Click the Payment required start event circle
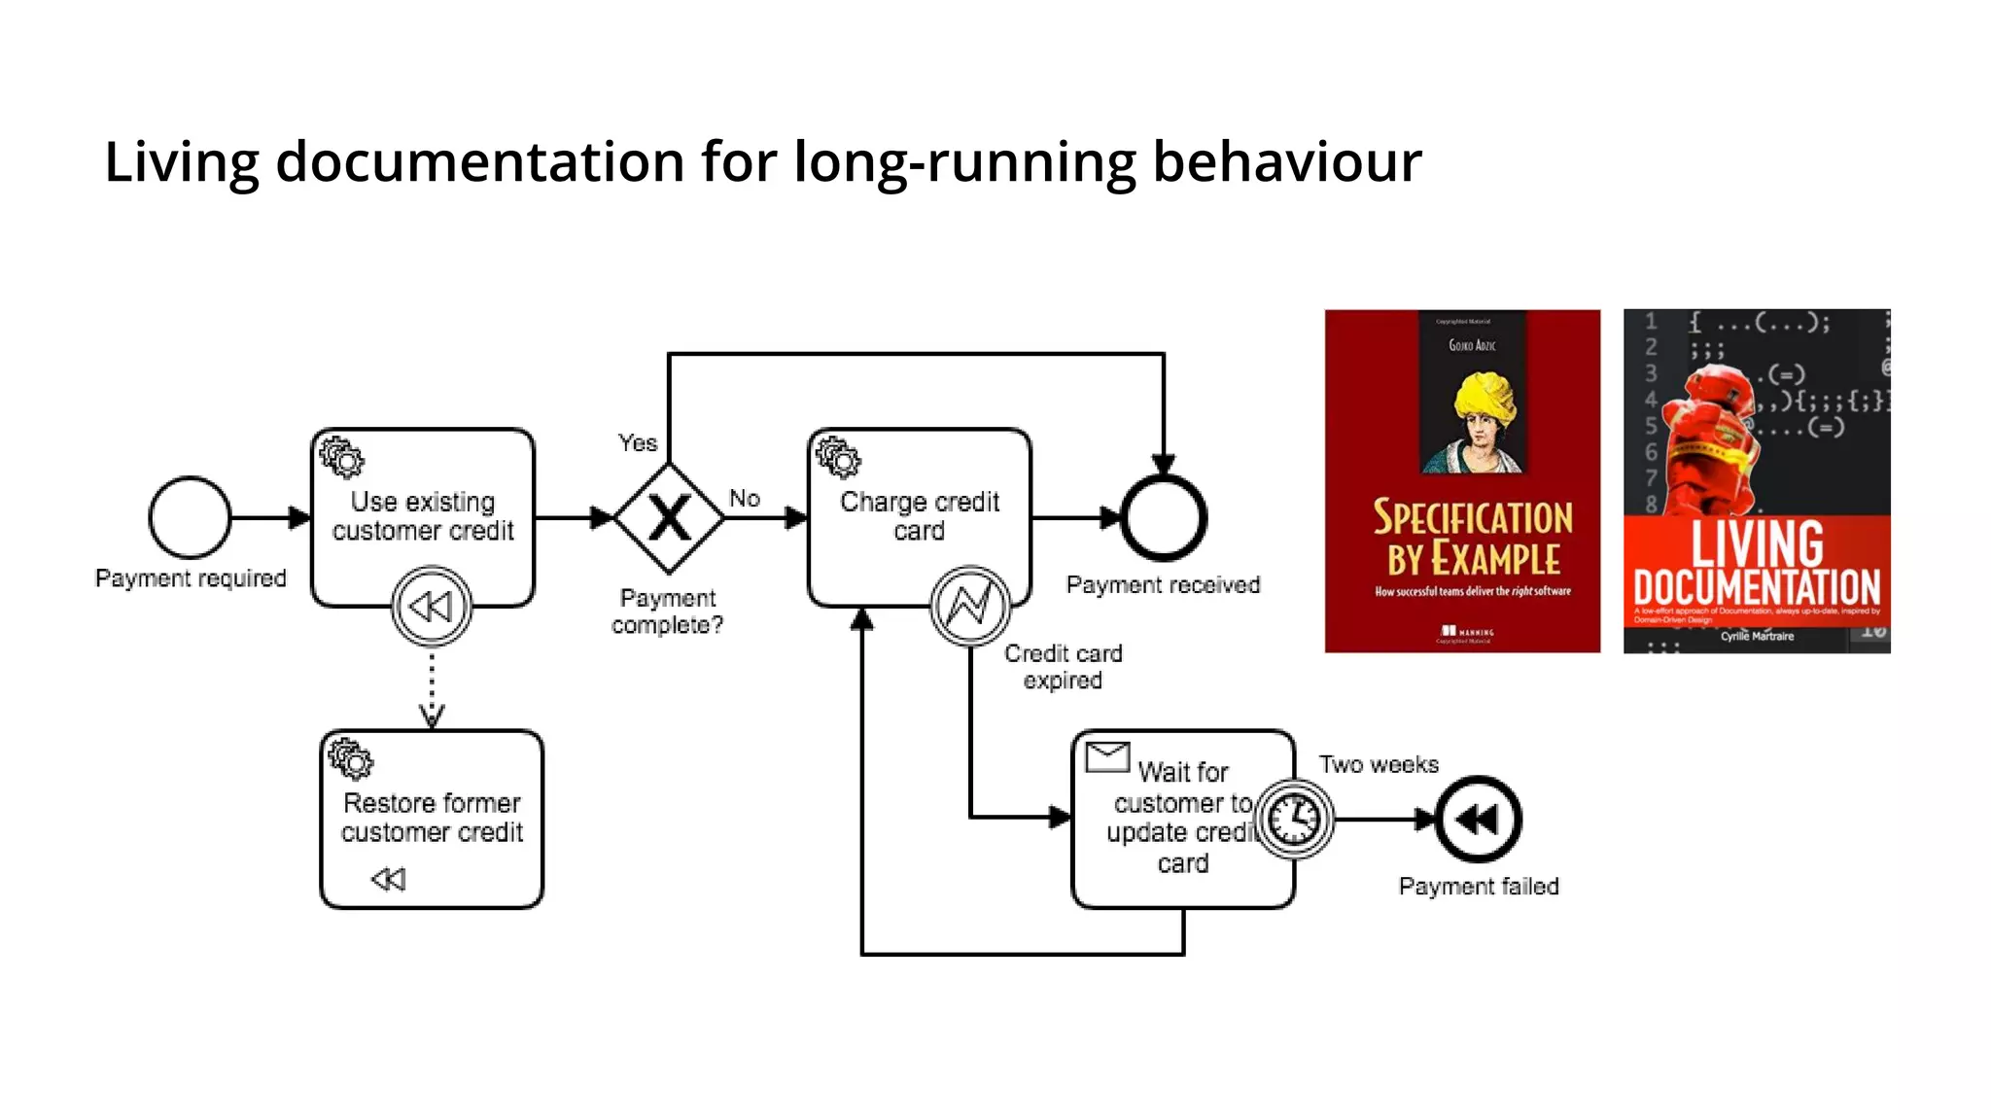tap(190, 517)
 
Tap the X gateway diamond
tap(669, 517)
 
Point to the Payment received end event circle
tap(1163, 517)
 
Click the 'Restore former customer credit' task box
tap(432, 818)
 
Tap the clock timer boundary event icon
tap(1295, 819)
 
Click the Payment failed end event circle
tap(1478, 819)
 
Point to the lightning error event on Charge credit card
tap(969, 606)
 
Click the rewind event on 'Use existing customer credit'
tap(432, 607)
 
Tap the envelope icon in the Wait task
tap(1106, 756)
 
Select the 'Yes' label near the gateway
tap(638, 443)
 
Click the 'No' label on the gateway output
tap(745, 498)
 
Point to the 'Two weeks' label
tap(1379, 764)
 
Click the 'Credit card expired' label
tap(1063, 667)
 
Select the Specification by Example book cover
tap(1461, 481)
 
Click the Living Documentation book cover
tap(1757, 481)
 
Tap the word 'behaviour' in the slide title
tap(1286, 161)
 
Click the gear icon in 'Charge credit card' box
tap(838, 457)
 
